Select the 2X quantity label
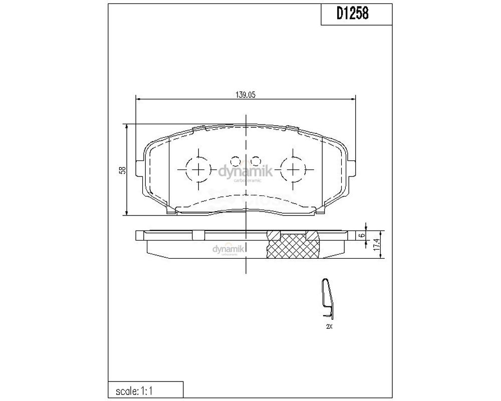pyautogui.click(x=329, y=326)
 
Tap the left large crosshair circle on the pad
pyautogui.click(x=199, y=168)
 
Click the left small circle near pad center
pyautogui.click(x=235, y=161)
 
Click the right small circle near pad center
pyautogui.click(x=256, y=161)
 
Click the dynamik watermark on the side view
pyautogui.click(x=228, y=249)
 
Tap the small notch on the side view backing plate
pyautogui.click(x=199, y=234)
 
